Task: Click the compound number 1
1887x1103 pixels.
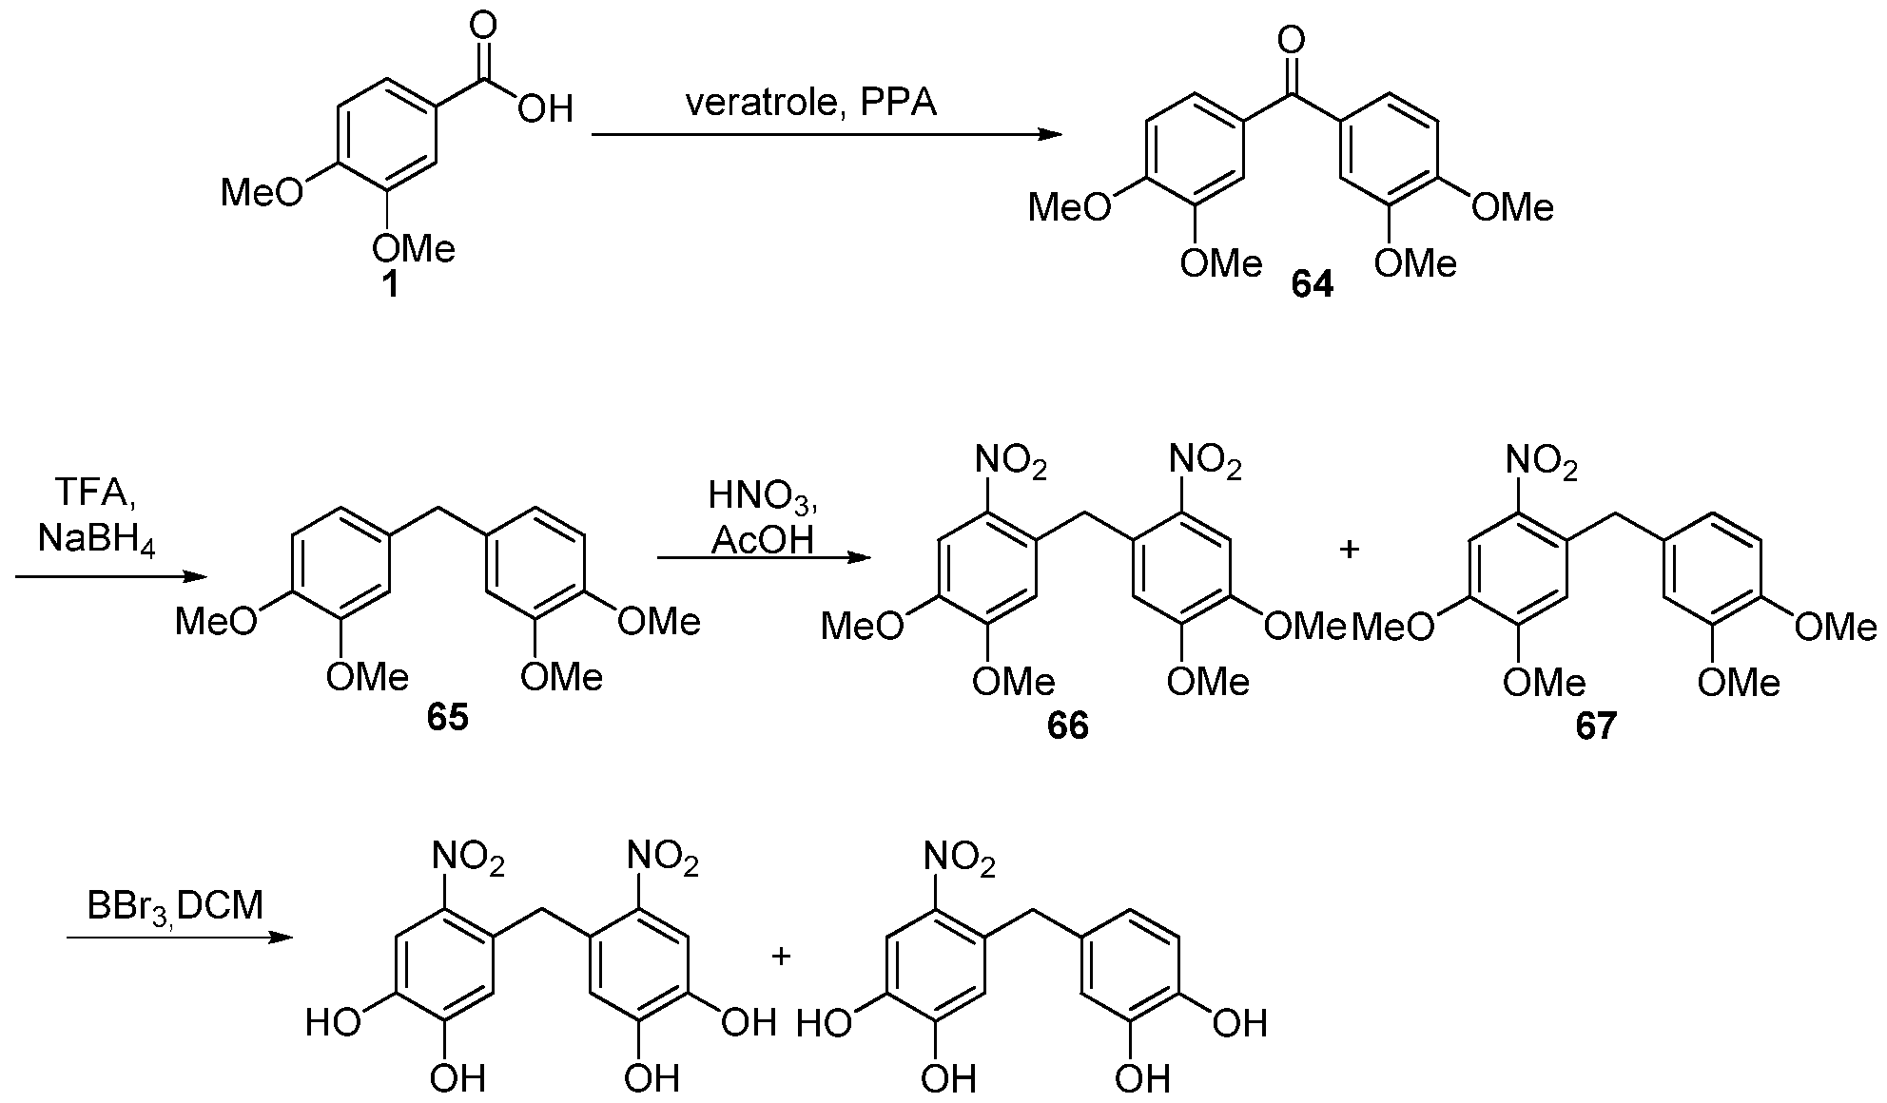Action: click(390, 284)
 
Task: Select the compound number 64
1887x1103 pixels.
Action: click(1312, 284)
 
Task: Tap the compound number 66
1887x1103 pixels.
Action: click(1067, 726)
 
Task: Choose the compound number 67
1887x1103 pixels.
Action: click(1595, 726)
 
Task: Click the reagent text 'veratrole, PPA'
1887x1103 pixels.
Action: click(811, 103)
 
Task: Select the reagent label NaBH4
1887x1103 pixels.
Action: click(96, 540)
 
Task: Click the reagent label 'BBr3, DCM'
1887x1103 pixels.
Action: click(175, 906)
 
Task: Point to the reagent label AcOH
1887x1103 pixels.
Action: click(763, 540)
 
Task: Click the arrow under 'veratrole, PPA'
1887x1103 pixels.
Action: click(827, 135)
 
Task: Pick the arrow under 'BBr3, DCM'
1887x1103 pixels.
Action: click(179, 938)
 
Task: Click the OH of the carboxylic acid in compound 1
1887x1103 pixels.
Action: click(546, 107)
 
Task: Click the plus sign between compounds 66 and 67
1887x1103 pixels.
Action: click(1349, 550)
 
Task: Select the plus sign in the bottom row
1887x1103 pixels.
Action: click(781, 956)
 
